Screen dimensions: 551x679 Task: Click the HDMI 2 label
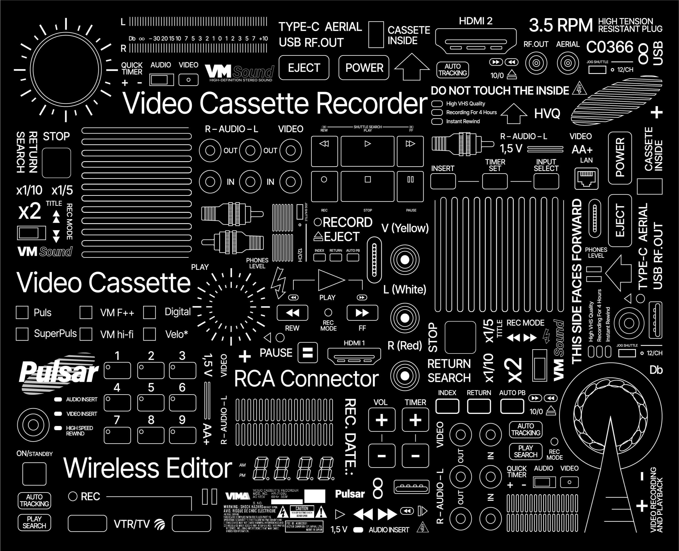pyautogui.click(x=475, y=21)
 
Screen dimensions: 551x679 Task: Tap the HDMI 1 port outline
pyautogui.click(x=354, y=356)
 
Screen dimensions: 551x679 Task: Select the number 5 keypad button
pyautogui.click(x=151, y=402)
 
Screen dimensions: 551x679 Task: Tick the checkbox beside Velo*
pyautogui.click(x=149, y=334)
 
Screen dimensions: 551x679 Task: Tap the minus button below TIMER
pyautogui.click(x=415, y=456)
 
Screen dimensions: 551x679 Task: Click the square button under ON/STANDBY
pyautogui.click(x=34, y=474)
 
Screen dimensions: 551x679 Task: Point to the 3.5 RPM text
pyautogui.click(x=561, y=25)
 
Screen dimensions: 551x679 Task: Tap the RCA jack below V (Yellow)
pyautogui.click(x=405, y=260)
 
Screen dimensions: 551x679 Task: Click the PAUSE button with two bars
pyautogui.click(x=307, y=353)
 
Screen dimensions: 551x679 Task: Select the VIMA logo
pyautogui.click(x=237, y=496)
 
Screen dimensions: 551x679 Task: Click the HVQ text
pyautogui.click(x=547, y=114)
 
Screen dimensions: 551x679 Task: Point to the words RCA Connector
pyautogui.click(x=306, y=379)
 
